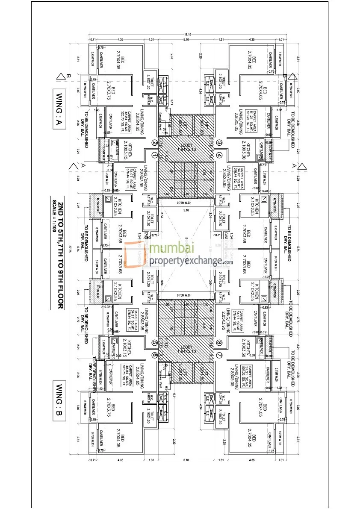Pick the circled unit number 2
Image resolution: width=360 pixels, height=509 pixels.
(154, 143)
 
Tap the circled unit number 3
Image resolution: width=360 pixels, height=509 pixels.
(219, 143)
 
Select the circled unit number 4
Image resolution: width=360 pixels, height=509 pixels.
(219, 155)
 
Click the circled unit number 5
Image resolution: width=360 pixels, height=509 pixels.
(154, 342)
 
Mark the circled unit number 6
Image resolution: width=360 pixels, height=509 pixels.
(154, 354)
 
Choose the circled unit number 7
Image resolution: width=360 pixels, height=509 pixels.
(219, 354)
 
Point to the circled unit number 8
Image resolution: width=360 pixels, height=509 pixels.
(219, 342)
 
